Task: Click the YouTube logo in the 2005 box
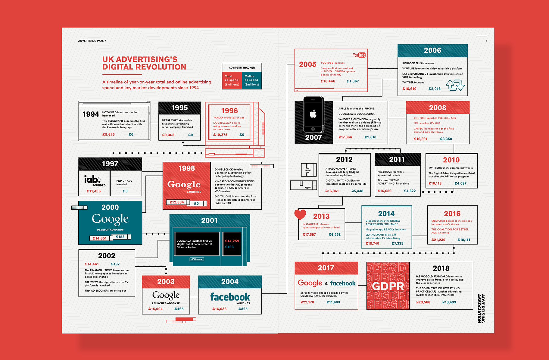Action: [359, 55]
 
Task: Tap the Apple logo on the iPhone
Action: [313, 114]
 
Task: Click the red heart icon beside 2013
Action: [300, 214]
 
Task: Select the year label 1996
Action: [229, 111]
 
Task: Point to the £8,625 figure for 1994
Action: [108, 135]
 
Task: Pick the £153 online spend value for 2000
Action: [120, 237]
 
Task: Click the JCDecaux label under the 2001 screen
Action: [197, 259]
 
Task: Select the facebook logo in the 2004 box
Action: [230, 297]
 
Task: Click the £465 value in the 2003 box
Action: [179, 309]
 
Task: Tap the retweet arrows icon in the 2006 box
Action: [455, 85]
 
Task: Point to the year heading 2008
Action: [438, 108]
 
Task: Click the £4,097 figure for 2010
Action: [460, 183]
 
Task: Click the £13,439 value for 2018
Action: [449, 302]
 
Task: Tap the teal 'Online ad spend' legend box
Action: [252, 80]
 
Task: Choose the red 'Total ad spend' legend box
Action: [232, 80]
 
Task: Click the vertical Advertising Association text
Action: [481, 308]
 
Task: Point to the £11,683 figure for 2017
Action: [333, 302]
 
